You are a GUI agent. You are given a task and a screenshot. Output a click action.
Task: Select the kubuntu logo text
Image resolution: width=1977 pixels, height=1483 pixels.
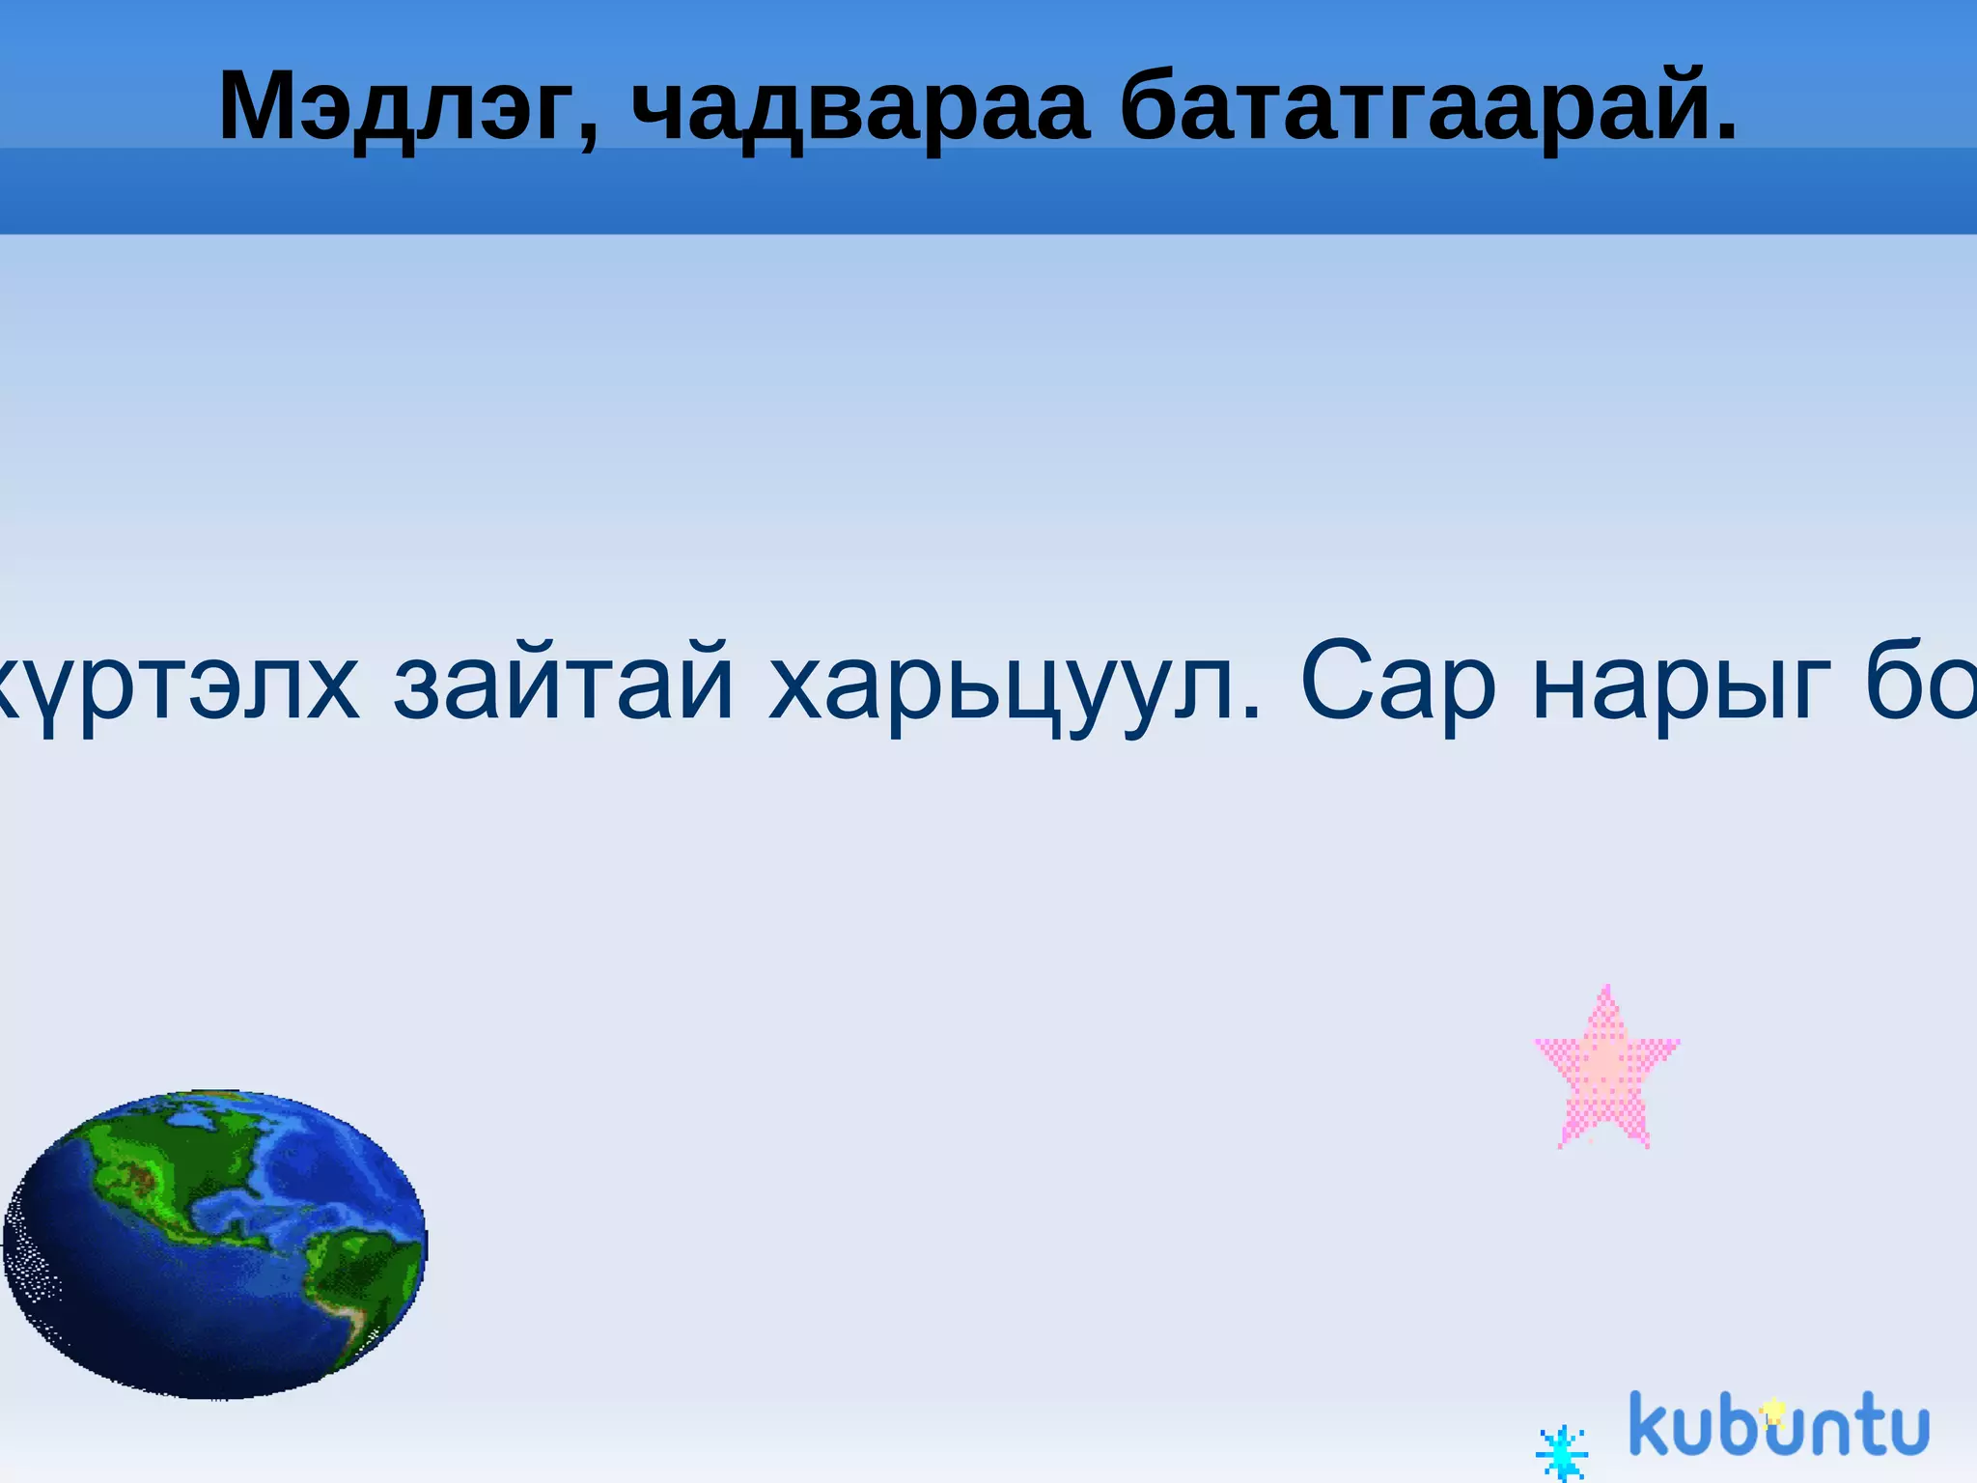click(1778, 1425)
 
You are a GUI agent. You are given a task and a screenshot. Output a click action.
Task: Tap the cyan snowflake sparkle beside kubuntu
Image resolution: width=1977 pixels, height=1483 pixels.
click(1561, 1452)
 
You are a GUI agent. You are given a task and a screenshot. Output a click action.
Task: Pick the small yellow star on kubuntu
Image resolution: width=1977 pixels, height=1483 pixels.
click(1772, 1413)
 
